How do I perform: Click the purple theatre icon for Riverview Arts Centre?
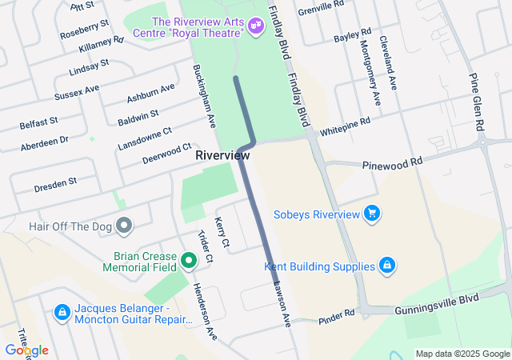tap(257, 26)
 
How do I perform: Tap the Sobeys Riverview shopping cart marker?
tap(371, 214)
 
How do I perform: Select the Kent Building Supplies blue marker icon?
tap(386, 266)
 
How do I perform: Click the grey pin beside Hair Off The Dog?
tap(123, 226)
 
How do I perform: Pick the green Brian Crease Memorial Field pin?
tap(189, 260)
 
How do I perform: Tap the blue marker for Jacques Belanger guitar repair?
tap(62, 310)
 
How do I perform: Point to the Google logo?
tap(26, 350)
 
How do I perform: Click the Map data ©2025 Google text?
tap(462, 354)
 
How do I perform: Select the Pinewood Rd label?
tap(392, 162)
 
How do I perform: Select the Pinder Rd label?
tap(335, 316)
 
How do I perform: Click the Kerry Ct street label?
tap(222, 231)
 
